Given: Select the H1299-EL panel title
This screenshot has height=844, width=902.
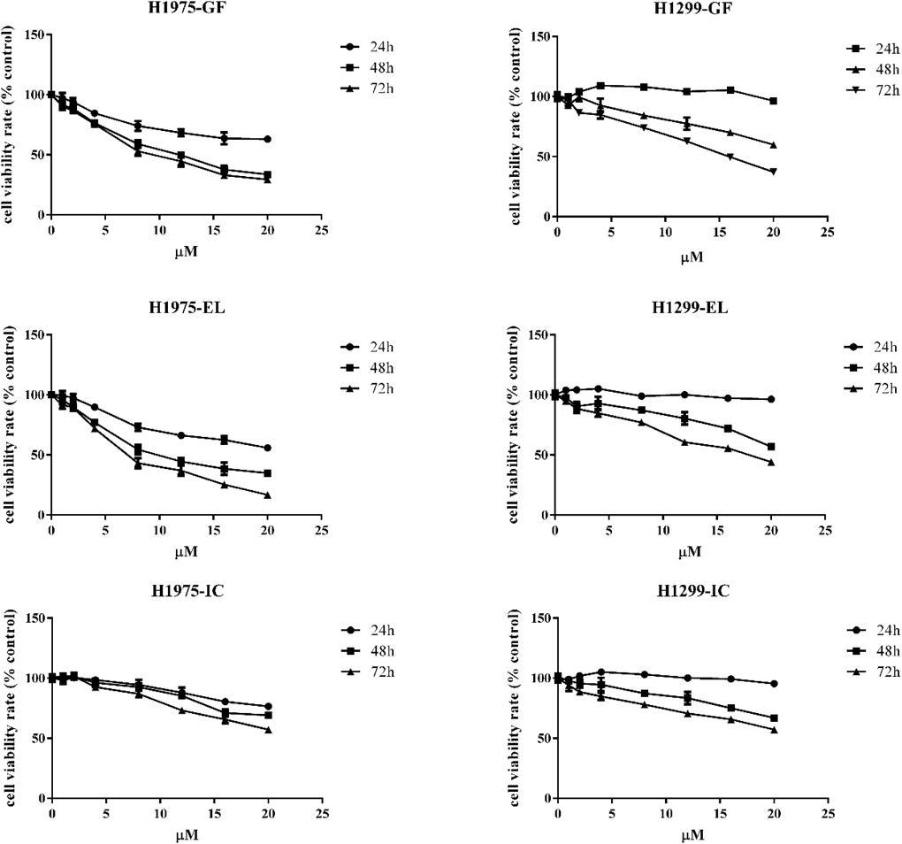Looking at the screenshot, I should coord(689,307).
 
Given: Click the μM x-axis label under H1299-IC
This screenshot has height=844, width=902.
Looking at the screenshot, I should coord(690,834).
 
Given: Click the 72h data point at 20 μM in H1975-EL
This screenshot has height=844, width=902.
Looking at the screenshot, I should coord(268,495).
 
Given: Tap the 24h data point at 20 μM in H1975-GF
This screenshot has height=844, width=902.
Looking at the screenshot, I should coord(268,139).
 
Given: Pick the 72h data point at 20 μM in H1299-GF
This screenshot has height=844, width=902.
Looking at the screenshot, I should coord(773,172).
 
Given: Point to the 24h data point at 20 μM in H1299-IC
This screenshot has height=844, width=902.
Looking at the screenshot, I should coord(774,684).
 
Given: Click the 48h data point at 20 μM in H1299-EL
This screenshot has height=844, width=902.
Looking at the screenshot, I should coord(773,447).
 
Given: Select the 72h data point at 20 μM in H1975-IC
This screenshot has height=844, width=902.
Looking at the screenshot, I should coord(268,730).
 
